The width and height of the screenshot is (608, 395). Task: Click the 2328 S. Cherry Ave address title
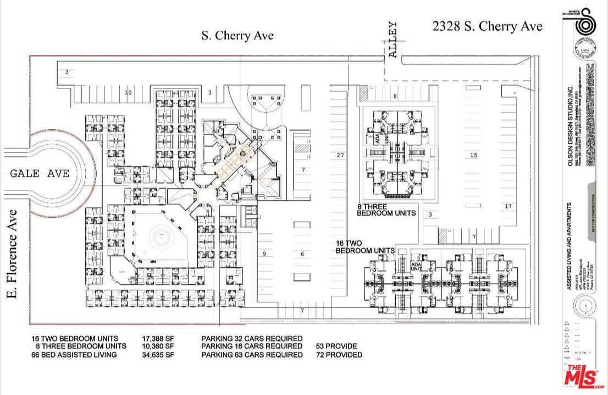click(x=487, y=26)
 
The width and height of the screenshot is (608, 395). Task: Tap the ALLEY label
click(x=393, y=39)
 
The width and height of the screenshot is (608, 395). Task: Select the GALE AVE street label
click(x=40, y=173)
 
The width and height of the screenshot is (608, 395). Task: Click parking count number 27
click(x=340, y=155)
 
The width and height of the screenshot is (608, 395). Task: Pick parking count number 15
click(x=473, y=155)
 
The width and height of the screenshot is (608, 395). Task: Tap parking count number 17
click(x=507, y=206)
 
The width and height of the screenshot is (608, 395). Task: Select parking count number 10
click(x=128, y=93)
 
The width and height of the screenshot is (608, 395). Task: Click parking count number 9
click(x=264, y=253)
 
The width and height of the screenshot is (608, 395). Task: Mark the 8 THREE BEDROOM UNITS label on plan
click(x=386, y=210)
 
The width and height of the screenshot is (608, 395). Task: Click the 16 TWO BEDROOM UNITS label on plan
click(x=365, y=246)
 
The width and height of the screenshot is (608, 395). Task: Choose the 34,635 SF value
click(x=158, y=355)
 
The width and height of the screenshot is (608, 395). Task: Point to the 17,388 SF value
click(x=158, y=338)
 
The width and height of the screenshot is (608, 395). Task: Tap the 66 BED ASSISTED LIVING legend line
click(x=74, y=355)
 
